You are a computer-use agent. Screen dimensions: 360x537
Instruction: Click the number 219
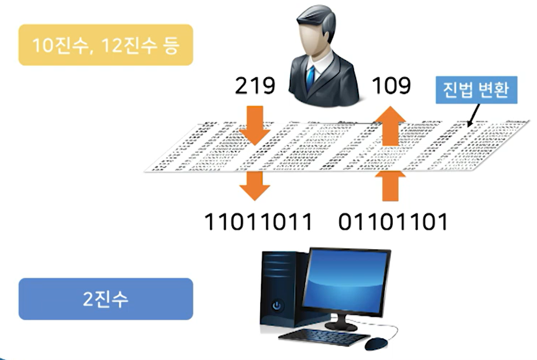[x=255, y=86]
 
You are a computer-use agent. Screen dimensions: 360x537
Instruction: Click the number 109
[x=391, y=86]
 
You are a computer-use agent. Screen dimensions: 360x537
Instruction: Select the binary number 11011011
[x=258, y=221]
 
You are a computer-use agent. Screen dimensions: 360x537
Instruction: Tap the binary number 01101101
[x=393, y=221]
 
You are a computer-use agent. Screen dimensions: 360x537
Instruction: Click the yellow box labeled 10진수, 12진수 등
[x=106, y=45]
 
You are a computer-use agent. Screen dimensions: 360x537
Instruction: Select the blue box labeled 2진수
[x=106, y=299]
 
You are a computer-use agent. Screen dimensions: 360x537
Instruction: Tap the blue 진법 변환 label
[x=476, y=90]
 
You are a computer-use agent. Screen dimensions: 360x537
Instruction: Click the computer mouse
[x=376, y=344]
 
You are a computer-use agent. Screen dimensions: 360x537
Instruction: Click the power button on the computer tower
[x=276, y=306]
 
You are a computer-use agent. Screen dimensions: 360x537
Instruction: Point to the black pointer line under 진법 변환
[x=474, y=115]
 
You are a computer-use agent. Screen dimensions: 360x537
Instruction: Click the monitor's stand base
[x=341, y=326]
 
